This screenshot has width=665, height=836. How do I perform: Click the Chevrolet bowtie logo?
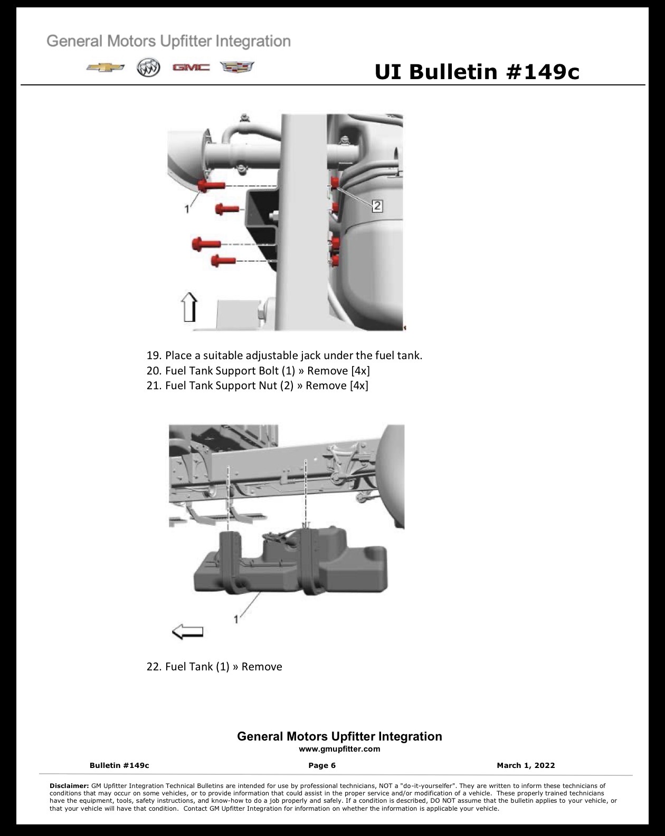pyautogui.click(x=106, y=68)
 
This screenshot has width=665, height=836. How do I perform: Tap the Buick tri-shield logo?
pyautogui.click(x=148, y=68)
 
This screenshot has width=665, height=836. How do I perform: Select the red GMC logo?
pyautogui.click(x=191, y=68)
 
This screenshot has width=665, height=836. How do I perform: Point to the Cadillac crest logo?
pyautogui.click(x=237, y=67)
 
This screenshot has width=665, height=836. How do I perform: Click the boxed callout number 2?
pyautogui.click(x=377, y=206)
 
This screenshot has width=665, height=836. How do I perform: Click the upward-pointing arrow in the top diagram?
pyautogui.click(x=189, y=307)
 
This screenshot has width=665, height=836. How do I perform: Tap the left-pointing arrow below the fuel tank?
pyautogui.click(x=187, y=632)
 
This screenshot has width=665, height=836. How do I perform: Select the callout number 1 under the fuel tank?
pyautogui.click(x=235, y=619)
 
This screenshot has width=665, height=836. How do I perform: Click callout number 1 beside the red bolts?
pyautogui.click(x=187, y=209)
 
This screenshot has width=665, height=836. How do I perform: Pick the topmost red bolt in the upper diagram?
pyautogui.click(x=211, y=186)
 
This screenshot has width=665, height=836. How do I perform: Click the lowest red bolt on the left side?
pyautogui.click(x=223, y=260)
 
